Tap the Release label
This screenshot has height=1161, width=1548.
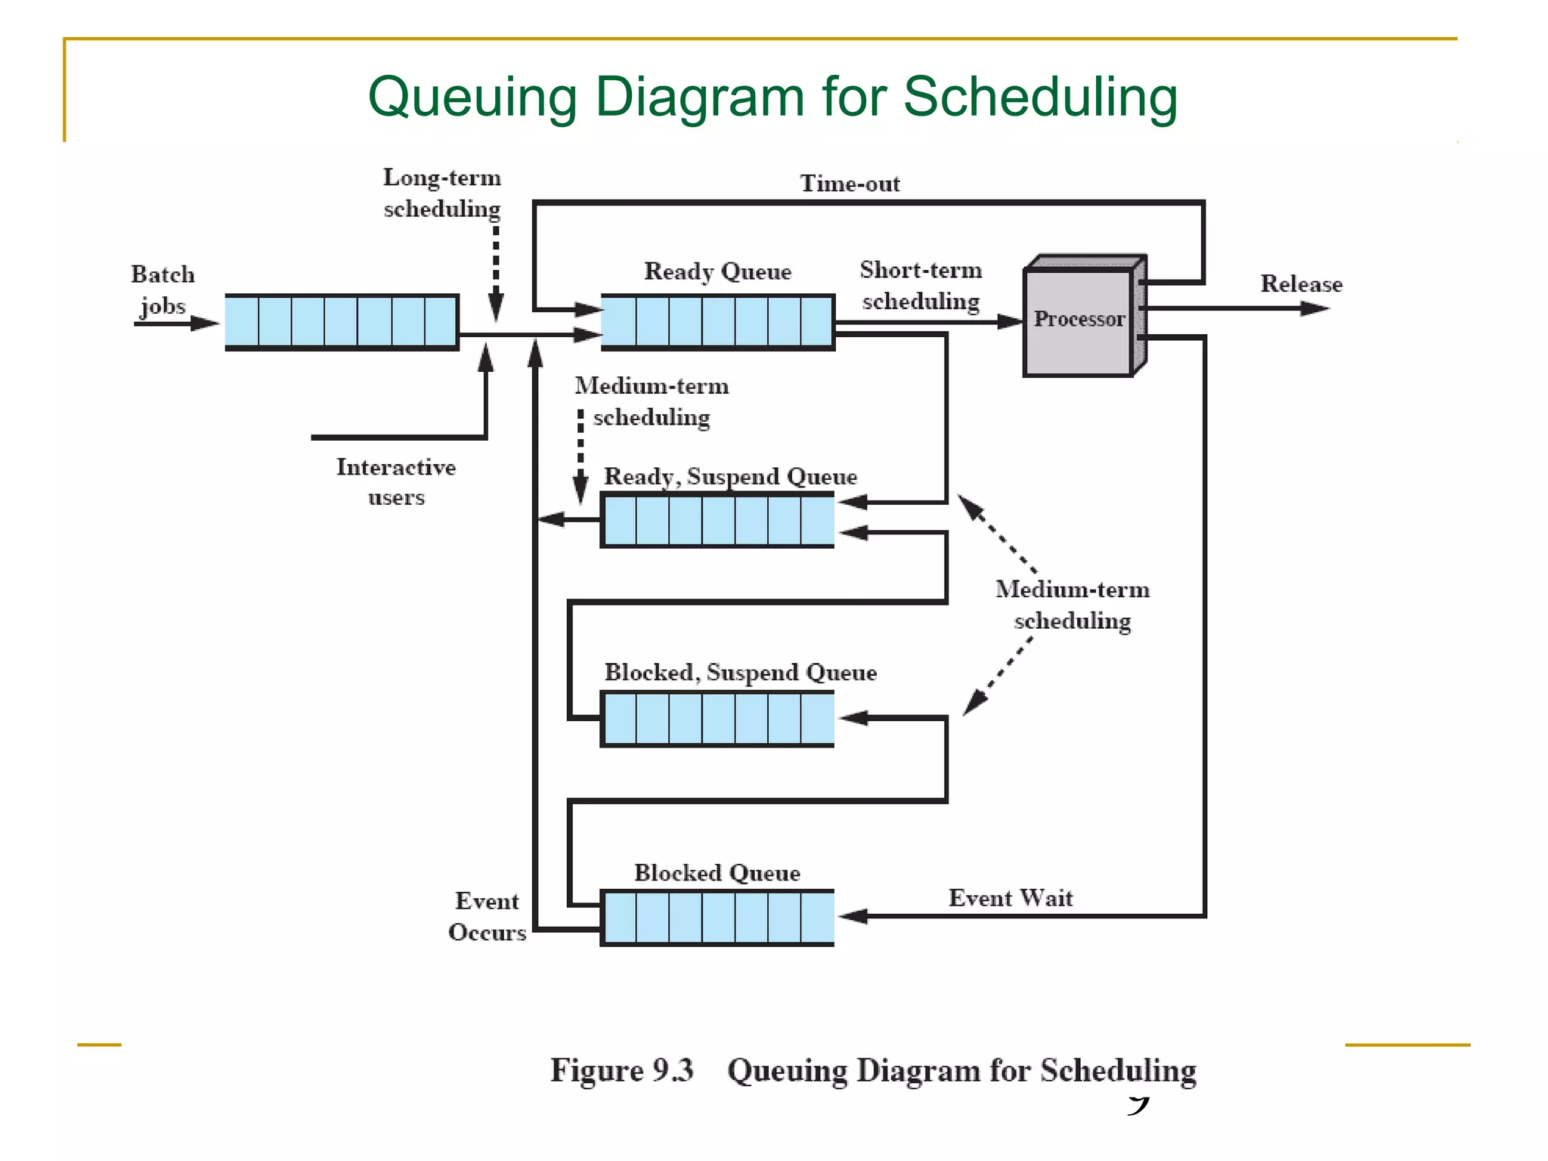[x=1301, y=284]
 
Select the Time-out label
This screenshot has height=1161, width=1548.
[x=850, y=184]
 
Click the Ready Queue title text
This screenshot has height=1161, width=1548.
[x=717, y=271]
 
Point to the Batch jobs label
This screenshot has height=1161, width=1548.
[x=163, y=290]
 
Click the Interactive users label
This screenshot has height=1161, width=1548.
[x=396, y=481]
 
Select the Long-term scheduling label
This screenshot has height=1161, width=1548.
[x=442, y=193]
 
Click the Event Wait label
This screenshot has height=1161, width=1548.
[x=1010, y=898]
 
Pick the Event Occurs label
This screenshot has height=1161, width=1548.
[x=487, y=916]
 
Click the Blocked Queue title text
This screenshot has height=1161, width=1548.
[x=717, y=873]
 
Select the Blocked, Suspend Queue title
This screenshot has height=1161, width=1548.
[x=740, y=673]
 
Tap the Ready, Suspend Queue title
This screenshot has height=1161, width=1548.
[x=730, y=477]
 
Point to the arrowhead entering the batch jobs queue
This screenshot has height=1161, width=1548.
[x=205, y=324]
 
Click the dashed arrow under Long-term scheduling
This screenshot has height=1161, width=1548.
[x=496, y=272]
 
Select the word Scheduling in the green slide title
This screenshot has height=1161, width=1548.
[x=1040, y=98]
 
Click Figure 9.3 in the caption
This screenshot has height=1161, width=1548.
[x=621, y=1070]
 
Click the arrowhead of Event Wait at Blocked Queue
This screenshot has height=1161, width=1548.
[x=853, y=917]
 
